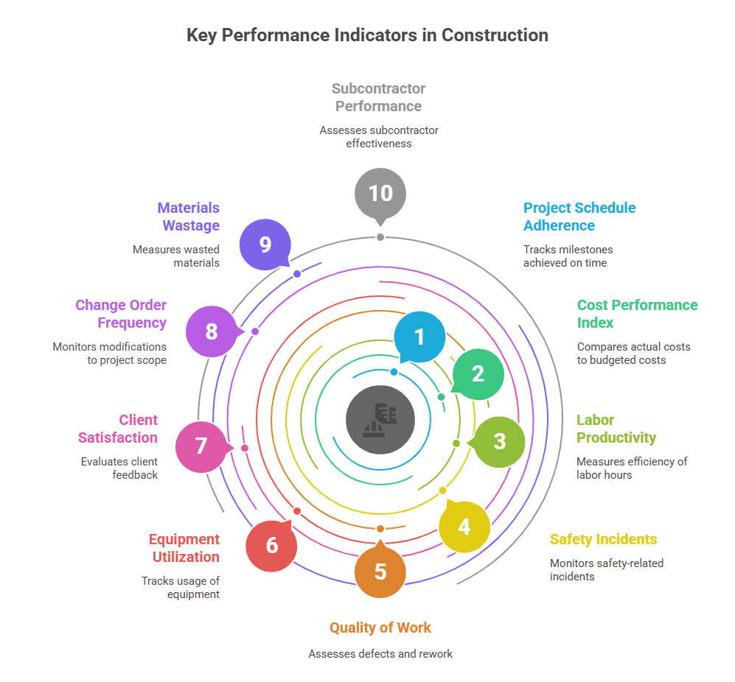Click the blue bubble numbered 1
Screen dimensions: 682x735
pos(419,337)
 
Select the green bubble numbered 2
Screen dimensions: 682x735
pos(478,374)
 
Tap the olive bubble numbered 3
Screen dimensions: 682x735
pos(499,441)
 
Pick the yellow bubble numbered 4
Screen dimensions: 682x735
pos(464,527)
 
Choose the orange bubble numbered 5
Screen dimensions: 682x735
pos(380,572)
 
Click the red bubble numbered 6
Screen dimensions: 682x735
pos(271,546)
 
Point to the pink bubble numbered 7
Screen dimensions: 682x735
pos(201,446)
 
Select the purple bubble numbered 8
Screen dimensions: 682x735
pos(212,331)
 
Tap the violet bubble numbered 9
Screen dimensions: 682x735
pos(265,245)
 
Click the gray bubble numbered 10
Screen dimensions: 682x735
pos(380,193)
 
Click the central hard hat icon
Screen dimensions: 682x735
pos(380,420)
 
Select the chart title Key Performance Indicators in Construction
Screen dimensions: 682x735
pos(367,35)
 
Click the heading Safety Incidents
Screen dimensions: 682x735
pos(603,539)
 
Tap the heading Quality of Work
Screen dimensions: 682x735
pos(380,627)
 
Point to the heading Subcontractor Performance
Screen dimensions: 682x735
pos(379,97)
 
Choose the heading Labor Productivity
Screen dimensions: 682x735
pos(616,429)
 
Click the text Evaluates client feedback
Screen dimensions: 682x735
pos(119,468)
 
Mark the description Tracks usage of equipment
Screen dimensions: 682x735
pos(181,587)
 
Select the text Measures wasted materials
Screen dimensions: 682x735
pos(176,256)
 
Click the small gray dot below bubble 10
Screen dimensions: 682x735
pos(380,237)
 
